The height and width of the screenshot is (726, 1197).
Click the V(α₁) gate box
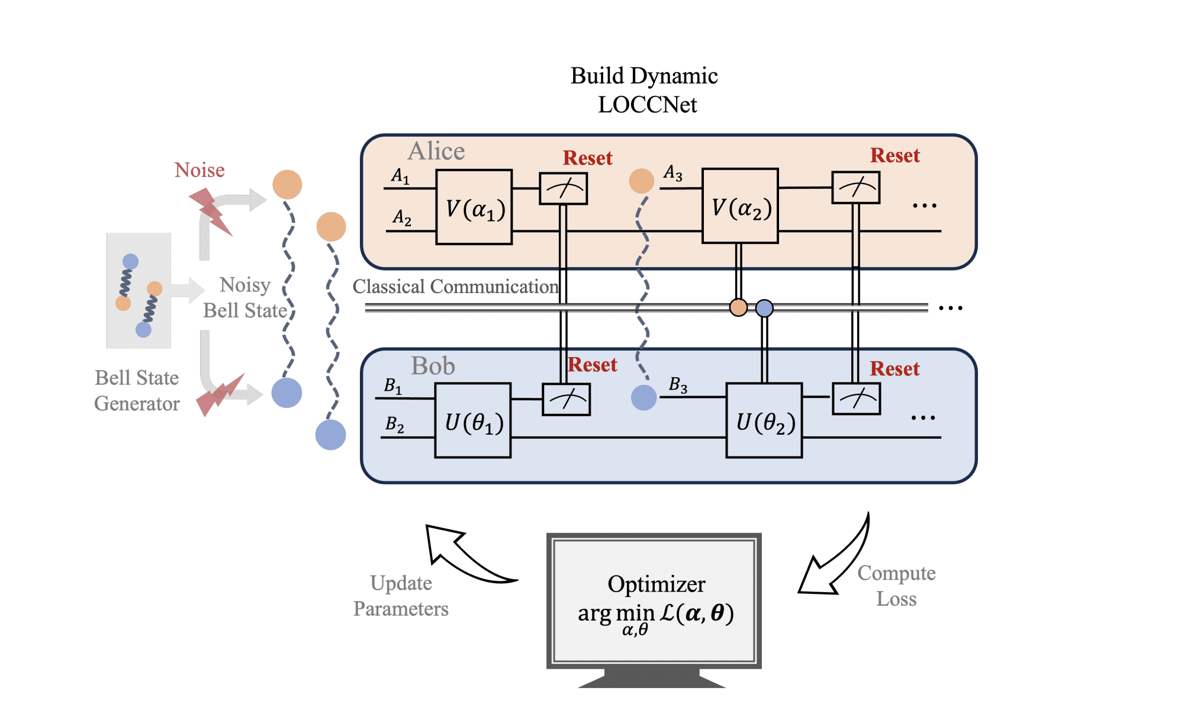pyautogui.click(x=474, y=207)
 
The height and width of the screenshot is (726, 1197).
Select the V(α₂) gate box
pyautogui.click(x=740, y=206)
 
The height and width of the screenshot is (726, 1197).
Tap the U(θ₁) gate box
pyautogui.click(x=472, y=420)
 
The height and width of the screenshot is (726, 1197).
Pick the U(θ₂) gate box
pyautogui.click(x=764, y=420)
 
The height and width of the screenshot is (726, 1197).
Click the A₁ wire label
pyautogui.click(x=400, y=176)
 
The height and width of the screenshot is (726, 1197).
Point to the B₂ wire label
pyautogui.click(x=394, y=424)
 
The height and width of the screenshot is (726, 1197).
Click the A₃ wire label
pyautogui.click(x=673, y=172)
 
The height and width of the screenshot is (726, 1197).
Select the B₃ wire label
pyautogui.click(x=678, y=385)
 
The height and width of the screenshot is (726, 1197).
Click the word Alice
pyautogui.click(x=436, y=151)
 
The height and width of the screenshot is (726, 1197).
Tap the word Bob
pyautogui.click(x=433, y=365)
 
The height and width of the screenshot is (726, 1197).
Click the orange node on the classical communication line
pyautogui.click(x=738, y=307)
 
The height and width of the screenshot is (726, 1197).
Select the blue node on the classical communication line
pyautogui.click(x=764, y=308)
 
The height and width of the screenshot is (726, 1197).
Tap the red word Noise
pyautogui.click(x=199, y=170)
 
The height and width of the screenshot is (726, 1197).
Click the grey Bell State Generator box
pyautogui.click(x=139, y=290)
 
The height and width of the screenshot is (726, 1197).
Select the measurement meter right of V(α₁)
pyautogui.click(x=563, y=189)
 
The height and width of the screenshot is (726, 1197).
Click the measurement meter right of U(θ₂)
pyautogui.click(x=856, y=399)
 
